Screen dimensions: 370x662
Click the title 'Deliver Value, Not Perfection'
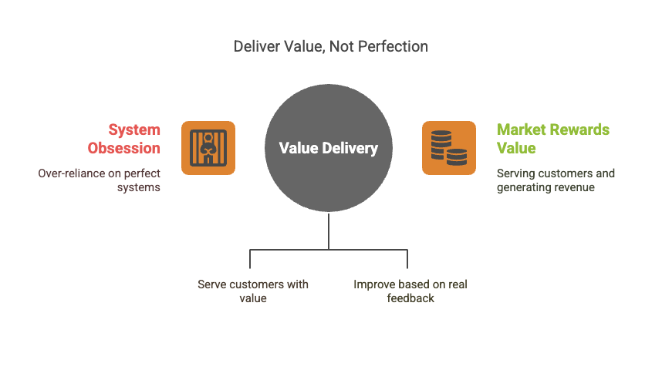(330, 47)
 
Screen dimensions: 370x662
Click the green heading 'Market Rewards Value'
(552, 139)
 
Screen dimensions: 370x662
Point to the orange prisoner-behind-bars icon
(208, 147)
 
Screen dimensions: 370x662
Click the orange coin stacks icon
(449, 147)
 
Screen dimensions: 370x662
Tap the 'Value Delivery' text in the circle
(329, 148)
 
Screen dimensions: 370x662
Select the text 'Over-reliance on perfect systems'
(100, 180)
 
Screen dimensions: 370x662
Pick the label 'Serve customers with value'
(253, 291)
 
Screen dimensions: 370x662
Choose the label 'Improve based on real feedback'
(410, 291)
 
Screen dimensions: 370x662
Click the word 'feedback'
(410, 298)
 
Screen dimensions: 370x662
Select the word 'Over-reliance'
(73, 173)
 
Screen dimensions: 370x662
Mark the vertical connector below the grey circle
(329, 231)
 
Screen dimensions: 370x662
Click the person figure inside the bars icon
(208, 146)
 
